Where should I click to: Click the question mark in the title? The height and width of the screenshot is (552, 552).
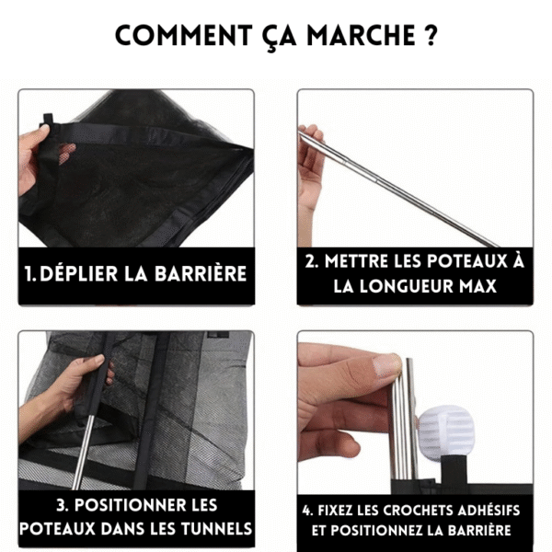pyautogui.click(x=430, y=37)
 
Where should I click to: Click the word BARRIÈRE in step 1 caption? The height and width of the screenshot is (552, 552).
pyautogui.click(x=201, y=274)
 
